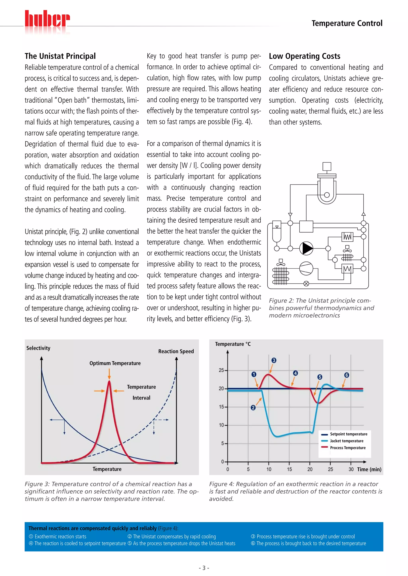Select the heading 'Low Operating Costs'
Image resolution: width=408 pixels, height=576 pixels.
click(x=304, y=56)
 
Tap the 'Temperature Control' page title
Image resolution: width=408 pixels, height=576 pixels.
click(x=347, y=23)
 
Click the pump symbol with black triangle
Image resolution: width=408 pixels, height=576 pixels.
click(x=306, y=248)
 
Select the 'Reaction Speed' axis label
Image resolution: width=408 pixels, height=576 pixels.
click(x=176, y=351)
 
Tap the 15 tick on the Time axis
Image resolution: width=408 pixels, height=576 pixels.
click(x=289, y=469)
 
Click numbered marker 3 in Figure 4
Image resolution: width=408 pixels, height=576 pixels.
click(x=274, y=360)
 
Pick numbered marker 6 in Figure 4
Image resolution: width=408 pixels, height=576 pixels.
click(x=346, y=375)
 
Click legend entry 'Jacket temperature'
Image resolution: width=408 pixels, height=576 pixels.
click(x=346, y=441)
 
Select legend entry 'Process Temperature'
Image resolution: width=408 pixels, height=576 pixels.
click(x=347, y=448)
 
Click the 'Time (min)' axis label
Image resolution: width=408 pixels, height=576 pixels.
click(x=369, y=469)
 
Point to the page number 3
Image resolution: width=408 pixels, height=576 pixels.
click(x=204, y=568)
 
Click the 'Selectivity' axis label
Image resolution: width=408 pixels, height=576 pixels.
click(x=38, y=348)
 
